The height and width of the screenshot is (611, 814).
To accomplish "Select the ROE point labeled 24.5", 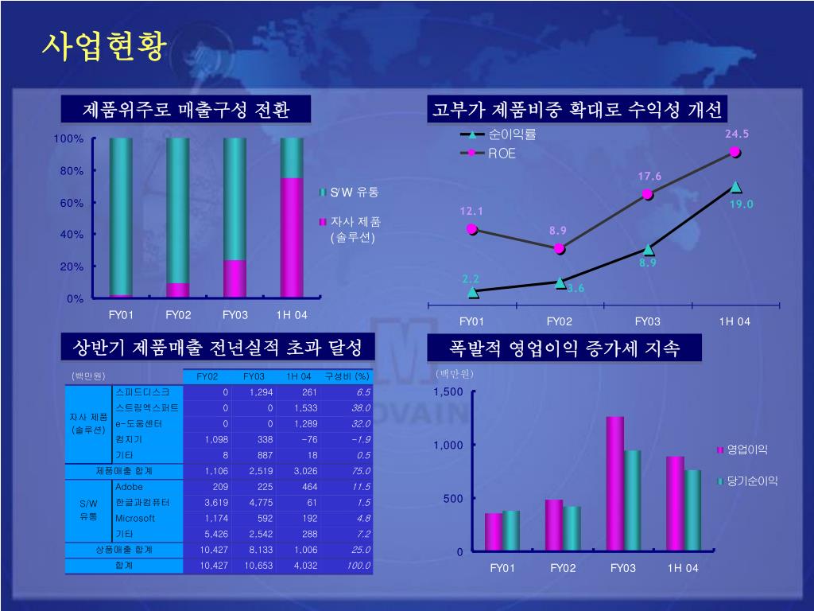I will [x=735, y=152].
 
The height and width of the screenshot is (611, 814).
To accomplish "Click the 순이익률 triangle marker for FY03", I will [x=649, y=250].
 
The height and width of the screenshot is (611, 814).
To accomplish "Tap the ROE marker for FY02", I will [x=560, y=248].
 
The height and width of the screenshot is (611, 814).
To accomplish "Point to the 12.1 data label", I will [x=471, y=212].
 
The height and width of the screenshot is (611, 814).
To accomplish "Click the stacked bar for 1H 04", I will [x=292, y=218].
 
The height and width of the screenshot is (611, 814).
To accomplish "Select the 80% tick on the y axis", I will [x=72, y=171].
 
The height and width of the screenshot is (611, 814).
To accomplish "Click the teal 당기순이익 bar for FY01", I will [x=510, y=531].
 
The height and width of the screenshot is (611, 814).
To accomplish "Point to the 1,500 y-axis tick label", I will [x=448, y=392].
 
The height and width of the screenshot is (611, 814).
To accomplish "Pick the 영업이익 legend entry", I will [x=747, y=450].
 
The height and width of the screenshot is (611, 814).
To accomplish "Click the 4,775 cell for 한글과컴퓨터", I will [x=260, y=502].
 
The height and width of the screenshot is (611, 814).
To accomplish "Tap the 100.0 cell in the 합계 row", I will [x=358, y=566].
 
